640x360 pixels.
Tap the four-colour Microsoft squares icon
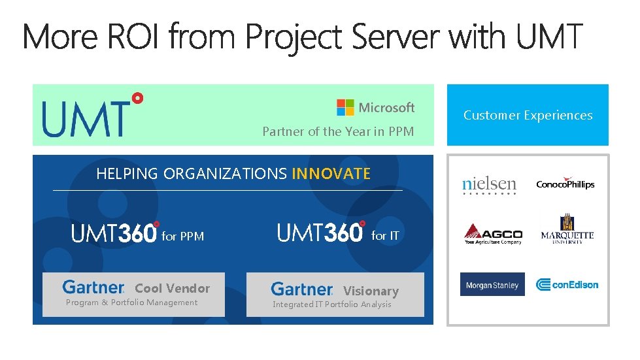(345, 107)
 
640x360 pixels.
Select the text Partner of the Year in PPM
(338, 131)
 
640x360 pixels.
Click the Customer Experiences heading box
(528, 115)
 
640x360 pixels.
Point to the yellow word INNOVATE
(331, 174)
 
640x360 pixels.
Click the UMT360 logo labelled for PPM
(115, 233)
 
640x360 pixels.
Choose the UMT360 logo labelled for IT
(321, 232)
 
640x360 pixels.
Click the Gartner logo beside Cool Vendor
(93, 287)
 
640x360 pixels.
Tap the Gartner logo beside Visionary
(301, 289)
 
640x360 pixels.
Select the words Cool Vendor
(173, 288)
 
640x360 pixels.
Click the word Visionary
(371, 291)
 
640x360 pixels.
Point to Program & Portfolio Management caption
(131, 303)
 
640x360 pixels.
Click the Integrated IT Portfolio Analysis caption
(331, 304)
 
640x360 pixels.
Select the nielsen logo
(489, 185)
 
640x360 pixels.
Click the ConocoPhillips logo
(565, 184)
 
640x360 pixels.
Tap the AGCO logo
(493, 234)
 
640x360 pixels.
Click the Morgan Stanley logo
(492, 285)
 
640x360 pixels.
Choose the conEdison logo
(567, 284)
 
